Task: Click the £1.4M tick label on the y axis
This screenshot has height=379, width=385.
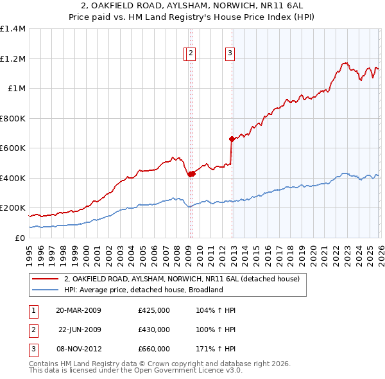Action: pyautogui.click(x=13, y=29)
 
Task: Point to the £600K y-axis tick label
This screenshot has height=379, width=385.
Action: pyautogui.click(x=13, y=148)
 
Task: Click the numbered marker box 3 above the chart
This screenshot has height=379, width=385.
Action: pyautogui.click(x=230, y=54)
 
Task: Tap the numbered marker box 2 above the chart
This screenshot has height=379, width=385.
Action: pyautogui.click(x=192, y=54)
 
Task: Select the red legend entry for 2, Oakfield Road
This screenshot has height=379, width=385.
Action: pyautogui.click(x=182, y=279)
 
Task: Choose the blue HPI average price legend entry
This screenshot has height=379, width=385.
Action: pyautogui.click(x=142, y=290)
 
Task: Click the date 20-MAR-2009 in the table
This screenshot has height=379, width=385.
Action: pyautogui.click(x=78, y=310)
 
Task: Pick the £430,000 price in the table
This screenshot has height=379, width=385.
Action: pyautogui.click(x=153, y=330)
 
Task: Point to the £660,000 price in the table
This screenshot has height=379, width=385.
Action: pyautogui.click(x=153, y=349)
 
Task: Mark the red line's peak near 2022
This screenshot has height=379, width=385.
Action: pyautogui.click(x=345, y=63)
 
